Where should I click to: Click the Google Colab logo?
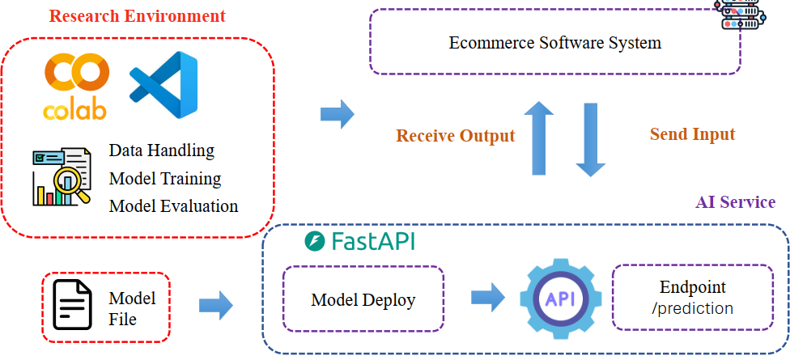tap(76, 84)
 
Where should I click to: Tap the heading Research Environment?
tap(137, 15)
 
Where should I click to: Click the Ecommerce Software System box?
tap(555, 42)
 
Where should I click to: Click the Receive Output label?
tap(455, 135)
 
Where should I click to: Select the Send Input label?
tap(692, 133)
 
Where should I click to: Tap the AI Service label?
tap(735, 202)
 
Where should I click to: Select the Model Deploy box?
tap(363, 300)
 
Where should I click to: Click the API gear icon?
tap(560, 298)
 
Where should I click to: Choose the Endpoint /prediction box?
tap(692, 297)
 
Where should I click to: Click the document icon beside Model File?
tap(72, 305)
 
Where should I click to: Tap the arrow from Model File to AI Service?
tap(216, 305)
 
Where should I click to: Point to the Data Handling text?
tap(162, 150)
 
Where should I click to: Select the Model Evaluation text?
tap(173, 205)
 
